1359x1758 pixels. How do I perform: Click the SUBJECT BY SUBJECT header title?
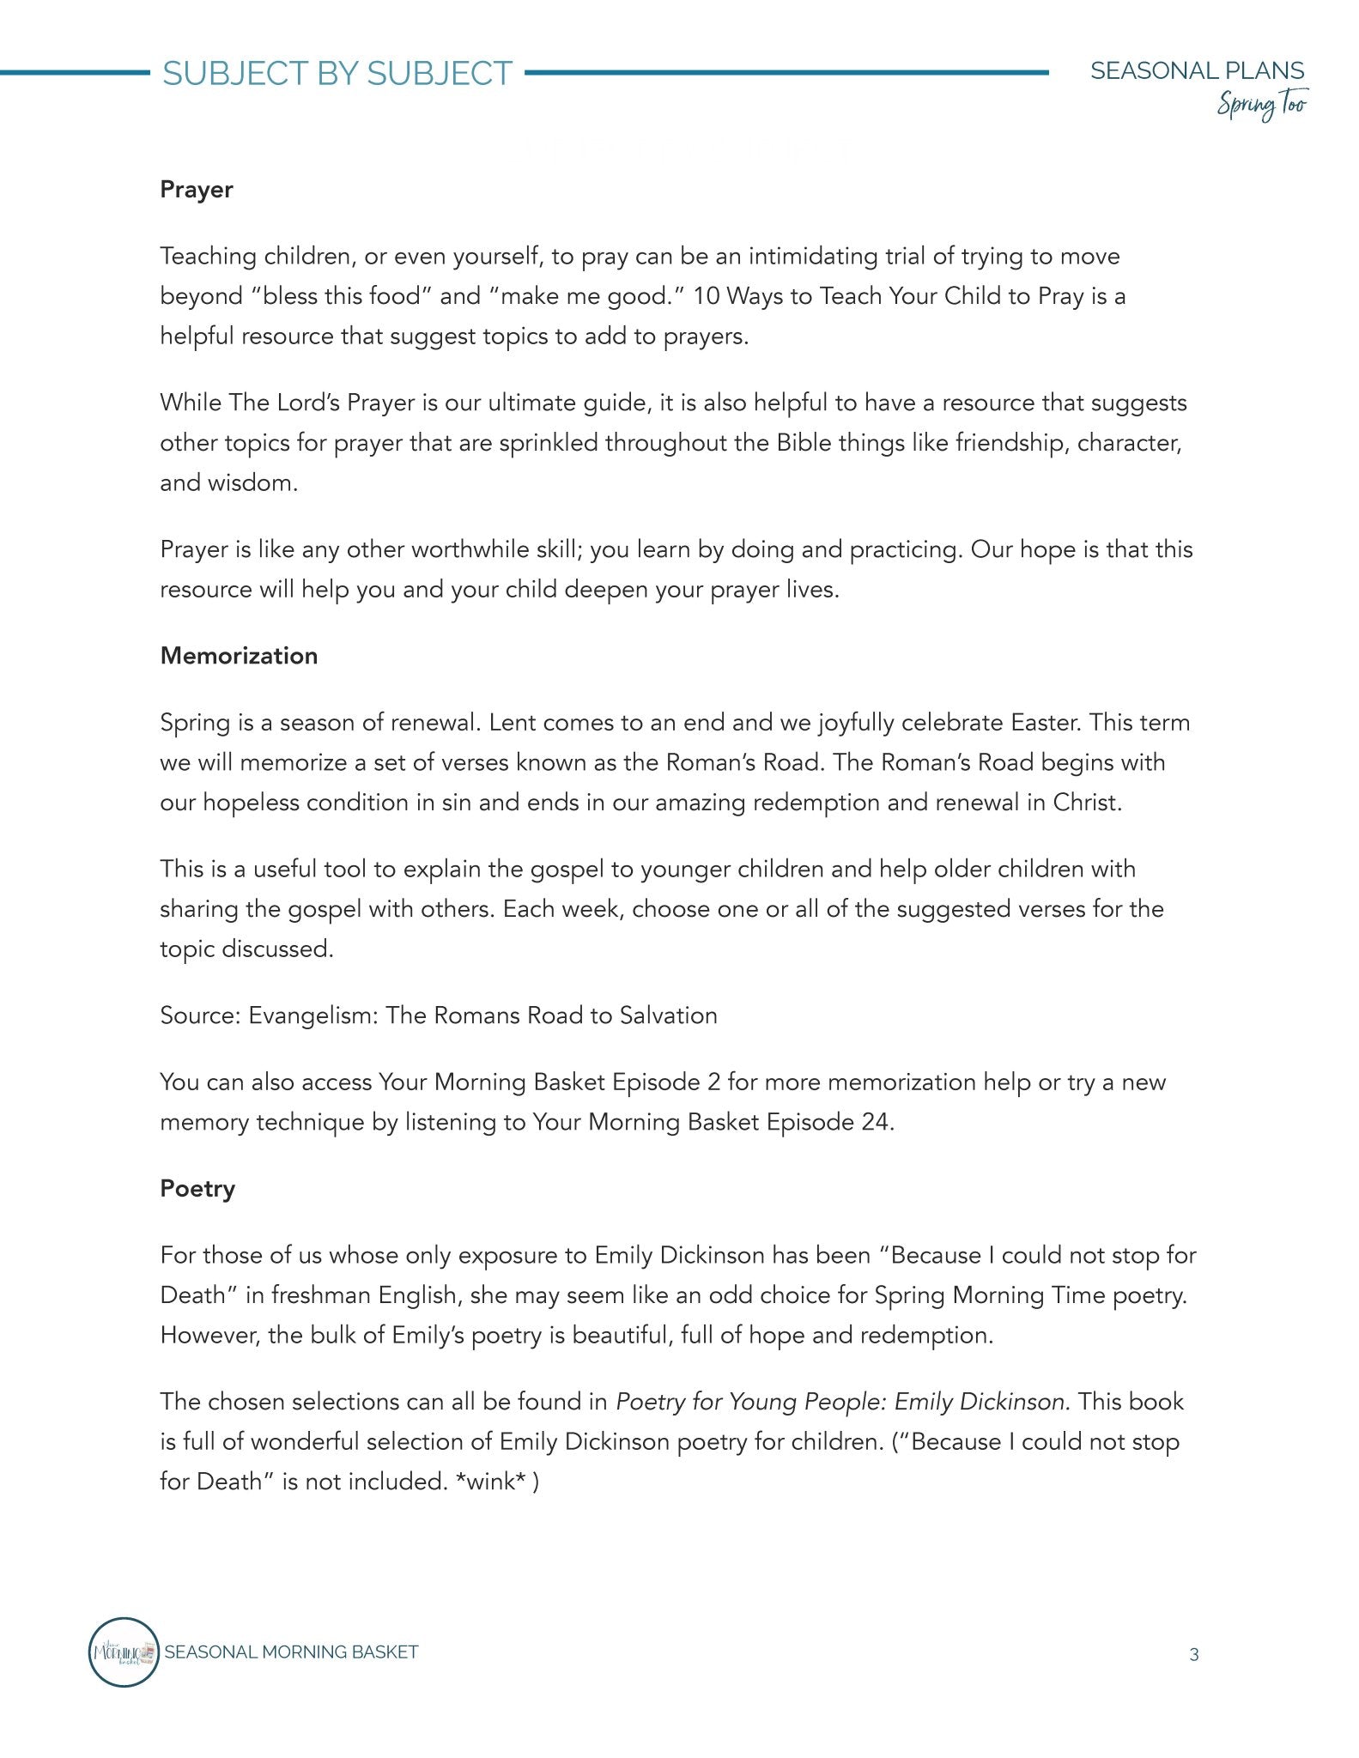(x=337, y=74)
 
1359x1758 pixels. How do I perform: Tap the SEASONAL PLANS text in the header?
(x=1197, y=70)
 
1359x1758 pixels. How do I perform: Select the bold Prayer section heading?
(x=197, y=190)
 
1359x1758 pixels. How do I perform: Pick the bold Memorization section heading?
(x=239, y=656)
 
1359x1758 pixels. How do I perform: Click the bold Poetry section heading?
(x=197, y=1189)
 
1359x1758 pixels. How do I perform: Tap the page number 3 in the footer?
(x=1193, y=1654)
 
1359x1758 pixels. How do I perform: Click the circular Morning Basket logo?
(x=124, y=1652)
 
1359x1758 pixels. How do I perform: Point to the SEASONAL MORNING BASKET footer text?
(x=291, y=1652)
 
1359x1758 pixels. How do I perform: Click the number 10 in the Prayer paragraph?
(x=707, y=296)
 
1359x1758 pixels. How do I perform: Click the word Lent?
(x=513, y=723)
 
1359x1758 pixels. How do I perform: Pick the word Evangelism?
(x=312, y=1015)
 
